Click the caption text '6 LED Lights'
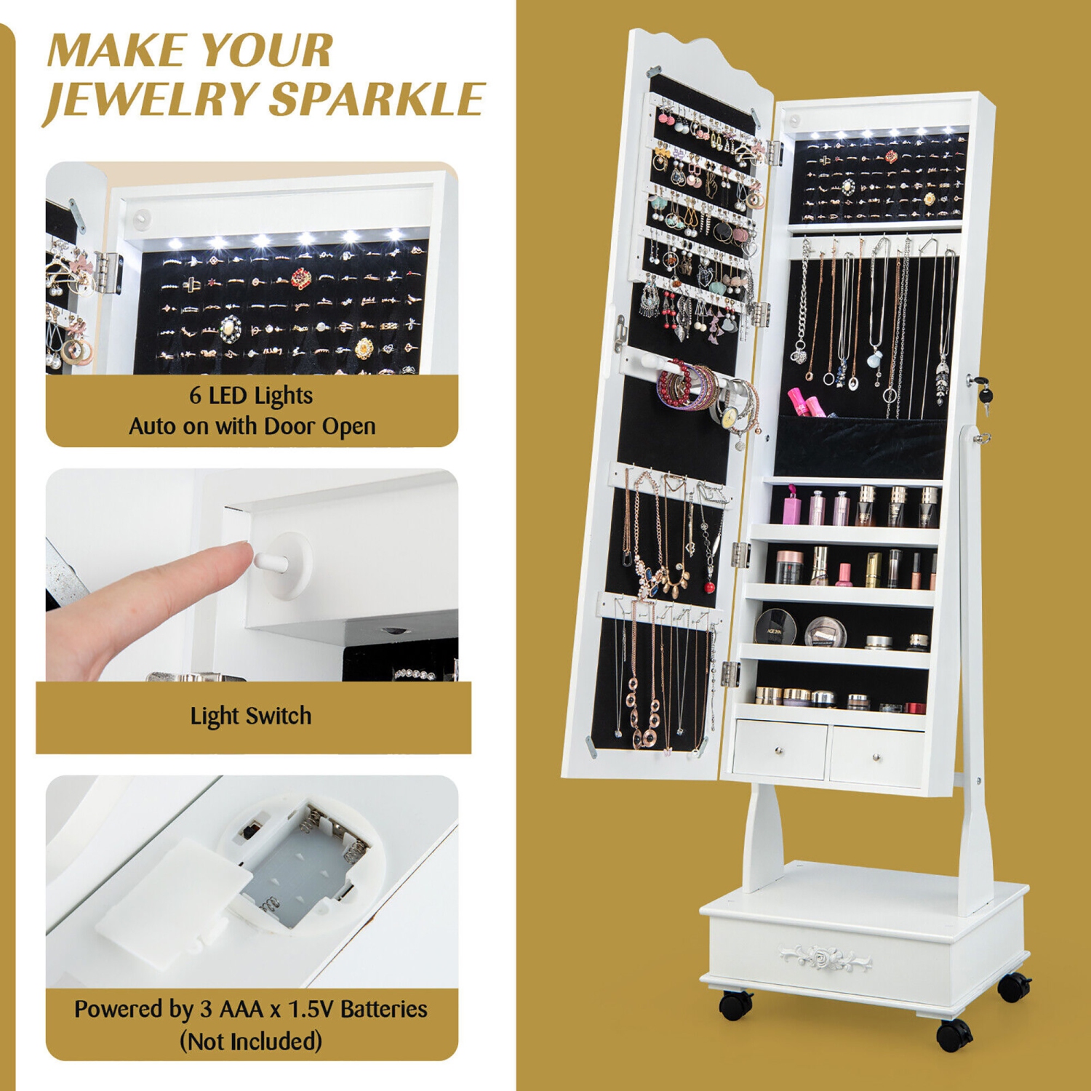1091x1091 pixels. click(251, 395)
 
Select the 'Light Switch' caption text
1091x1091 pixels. click(251, 716)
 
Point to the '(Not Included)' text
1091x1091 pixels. click(251, 1041)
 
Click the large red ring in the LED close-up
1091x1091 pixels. click(301, 278)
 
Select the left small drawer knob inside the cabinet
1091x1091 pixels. click(779, 750)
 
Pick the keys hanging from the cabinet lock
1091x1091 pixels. click(985, 396)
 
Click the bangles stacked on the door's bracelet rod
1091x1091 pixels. click(687, 386)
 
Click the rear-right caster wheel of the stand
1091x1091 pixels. click(1012, 986)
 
